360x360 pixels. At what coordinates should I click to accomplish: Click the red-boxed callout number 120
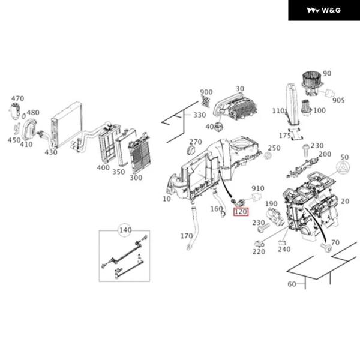click(x=241, y=211)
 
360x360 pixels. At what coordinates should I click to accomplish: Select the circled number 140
click(x=125, y=230)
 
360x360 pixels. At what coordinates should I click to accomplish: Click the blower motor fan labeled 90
click(x=311, y=83)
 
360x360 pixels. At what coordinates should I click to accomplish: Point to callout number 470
click(x=17, y=98)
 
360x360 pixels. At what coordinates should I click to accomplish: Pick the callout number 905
click(x=338, y=100)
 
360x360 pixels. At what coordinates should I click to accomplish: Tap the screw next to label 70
click(x=326, y=247)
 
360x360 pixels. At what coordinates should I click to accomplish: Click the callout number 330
click(x=200, y=115)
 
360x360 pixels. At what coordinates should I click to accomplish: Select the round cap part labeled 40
click(x=219, y=127)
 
